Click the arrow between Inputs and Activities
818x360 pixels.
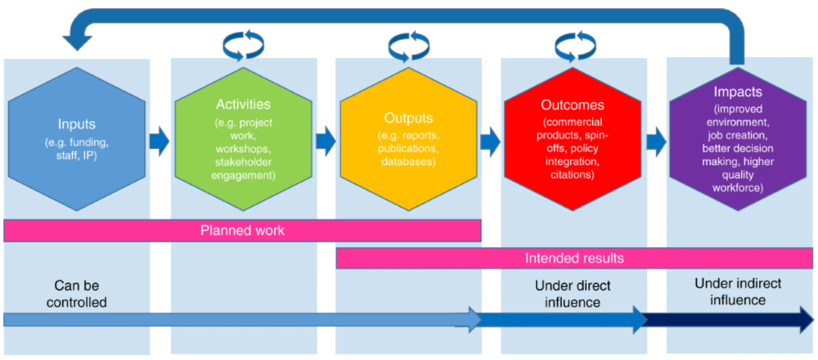coord(160,142)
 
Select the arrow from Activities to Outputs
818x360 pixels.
coord(326,142)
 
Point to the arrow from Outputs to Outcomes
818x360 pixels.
coord(490,142)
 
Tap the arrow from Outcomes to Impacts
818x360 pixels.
coord(656,142)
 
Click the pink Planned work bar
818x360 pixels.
coord(243,231)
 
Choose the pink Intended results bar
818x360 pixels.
coord(574,259)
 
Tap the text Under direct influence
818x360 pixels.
coord(573,294)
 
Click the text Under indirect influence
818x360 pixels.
coord(738,291)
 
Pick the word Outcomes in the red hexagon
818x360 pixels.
coord(573,106)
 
